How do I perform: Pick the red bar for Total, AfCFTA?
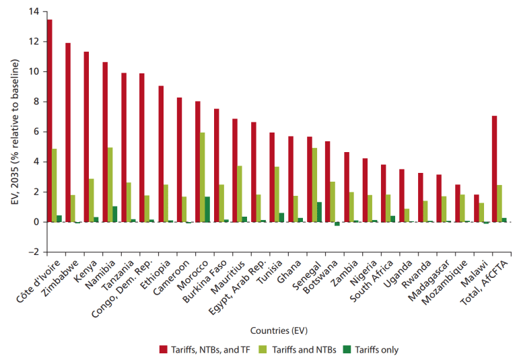pos(494,169)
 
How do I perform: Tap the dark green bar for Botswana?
pos(337,224)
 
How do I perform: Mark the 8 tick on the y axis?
pos(35,102)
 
